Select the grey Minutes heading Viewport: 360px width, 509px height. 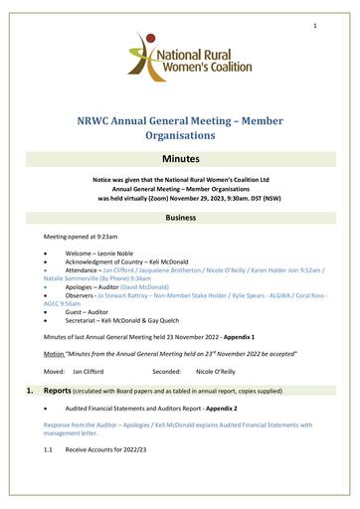180,158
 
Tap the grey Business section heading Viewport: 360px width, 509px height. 180,216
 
